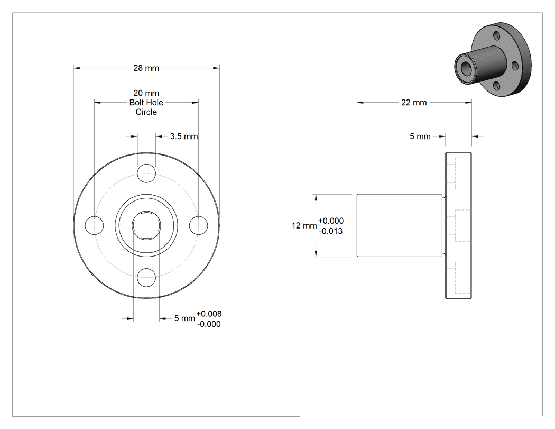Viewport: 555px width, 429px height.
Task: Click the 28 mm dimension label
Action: coord(146,68)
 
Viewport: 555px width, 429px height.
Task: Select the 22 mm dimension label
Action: coord(414,103)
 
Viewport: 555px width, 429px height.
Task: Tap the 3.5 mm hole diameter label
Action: coord(184,136)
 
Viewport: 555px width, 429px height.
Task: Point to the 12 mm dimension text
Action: coord(304,225)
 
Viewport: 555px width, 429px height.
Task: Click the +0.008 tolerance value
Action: coord(209,314)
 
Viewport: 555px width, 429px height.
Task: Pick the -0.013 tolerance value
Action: coord(330,231)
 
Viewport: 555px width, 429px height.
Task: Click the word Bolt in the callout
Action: coord(137,103)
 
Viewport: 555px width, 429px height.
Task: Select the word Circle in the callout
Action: coord(146,112)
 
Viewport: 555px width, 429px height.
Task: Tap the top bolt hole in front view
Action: coord(146,174)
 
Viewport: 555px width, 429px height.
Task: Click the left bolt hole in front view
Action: coord(94,225)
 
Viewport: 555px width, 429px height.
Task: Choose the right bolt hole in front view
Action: coord(198,225)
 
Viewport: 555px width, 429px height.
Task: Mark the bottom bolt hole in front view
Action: coord(146,277)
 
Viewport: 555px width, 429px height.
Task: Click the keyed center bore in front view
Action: coord(146,225)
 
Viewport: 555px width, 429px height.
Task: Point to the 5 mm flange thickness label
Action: coord(420,136)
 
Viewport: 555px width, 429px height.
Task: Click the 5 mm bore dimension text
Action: coord(184,318)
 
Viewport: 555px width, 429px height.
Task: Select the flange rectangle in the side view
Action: coord(458,225)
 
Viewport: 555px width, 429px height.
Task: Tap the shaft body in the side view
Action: coord(400,225)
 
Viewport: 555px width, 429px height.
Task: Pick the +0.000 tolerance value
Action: coord(330,221)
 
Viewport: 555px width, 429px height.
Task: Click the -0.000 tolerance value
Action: coord(209,324)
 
